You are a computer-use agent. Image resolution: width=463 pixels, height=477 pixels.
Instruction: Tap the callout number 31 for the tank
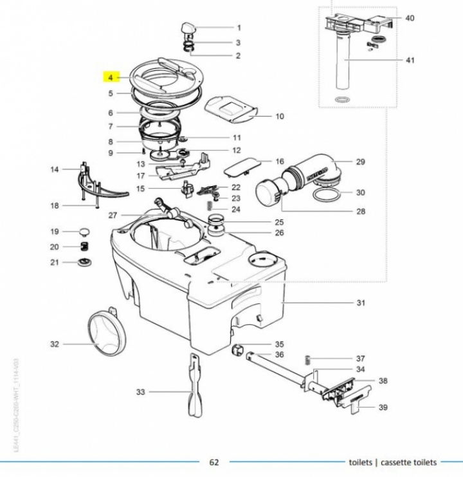click(x=361, y=303)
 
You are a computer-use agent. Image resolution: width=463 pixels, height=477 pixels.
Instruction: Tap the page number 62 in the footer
click(x=214, y=462)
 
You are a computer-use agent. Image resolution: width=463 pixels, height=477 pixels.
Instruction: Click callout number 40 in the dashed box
click(x=410, y=18)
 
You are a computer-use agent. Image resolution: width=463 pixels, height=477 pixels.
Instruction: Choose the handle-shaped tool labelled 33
click(x=194, y=386)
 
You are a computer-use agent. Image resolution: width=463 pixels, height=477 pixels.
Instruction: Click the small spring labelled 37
click(x=308, y=359)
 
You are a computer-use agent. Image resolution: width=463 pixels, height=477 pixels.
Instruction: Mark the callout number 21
click(x=55, y=262)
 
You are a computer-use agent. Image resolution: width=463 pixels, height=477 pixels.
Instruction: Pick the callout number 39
click(x=383, y=407)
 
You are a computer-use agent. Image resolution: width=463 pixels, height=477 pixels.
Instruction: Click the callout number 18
click(x=55, y=205)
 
